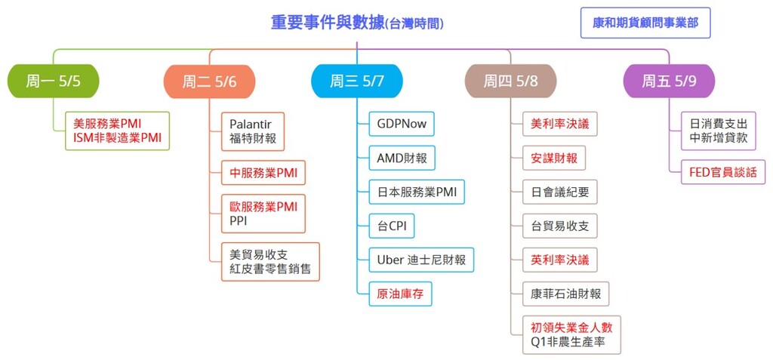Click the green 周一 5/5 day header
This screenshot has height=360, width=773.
click(54, 81)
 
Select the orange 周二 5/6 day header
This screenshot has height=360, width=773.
click(210, 82)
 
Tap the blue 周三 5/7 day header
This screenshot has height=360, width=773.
click(357, 81)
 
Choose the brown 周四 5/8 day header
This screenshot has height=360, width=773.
click(511, 81)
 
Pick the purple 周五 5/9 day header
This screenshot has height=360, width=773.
click(669, 81)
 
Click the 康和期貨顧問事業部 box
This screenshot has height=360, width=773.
click(645, 23)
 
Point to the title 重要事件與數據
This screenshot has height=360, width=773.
click(328, 23)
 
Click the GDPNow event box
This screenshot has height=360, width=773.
click(402, 124)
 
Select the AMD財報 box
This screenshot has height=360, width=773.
click(402, 158)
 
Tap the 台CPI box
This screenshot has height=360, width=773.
click(392, 226)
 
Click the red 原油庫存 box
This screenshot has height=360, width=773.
click(400, 294)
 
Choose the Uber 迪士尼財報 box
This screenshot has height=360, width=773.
click(421, 260)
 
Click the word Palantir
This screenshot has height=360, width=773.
click(251, 124)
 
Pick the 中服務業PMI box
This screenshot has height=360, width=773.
click(263, 173)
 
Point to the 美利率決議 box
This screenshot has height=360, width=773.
click(560, 124)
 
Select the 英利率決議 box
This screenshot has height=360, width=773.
click(560, 260)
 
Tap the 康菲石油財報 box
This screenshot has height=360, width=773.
click(566, 294)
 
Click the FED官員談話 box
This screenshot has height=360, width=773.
click(723, 172)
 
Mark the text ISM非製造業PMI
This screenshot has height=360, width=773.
click(117, 138)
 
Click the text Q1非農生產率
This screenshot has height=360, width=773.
click(568, 342)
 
